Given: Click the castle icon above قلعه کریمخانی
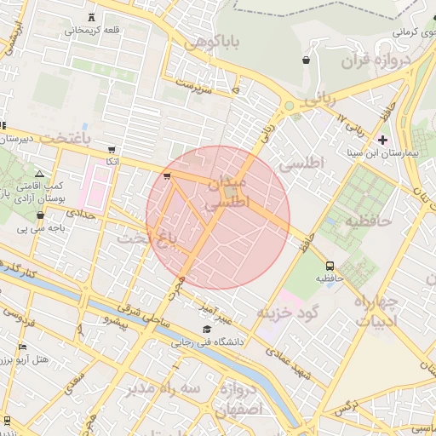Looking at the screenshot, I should (92, 17).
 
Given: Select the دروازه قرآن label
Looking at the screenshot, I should (376, 60).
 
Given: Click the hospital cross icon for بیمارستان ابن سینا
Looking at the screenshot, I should (382, 140).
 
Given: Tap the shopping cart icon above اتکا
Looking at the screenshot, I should (112, 149).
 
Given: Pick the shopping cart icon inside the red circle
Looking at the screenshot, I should (167, 177).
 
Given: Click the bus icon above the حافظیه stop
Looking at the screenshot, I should (330, 264).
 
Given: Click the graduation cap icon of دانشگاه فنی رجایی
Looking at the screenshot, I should (205, 330).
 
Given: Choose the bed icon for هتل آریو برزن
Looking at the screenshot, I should (22, 347).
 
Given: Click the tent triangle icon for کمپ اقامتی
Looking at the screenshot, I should (39, 175).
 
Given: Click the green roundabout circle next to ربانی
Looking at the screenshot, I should (289, 106).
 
